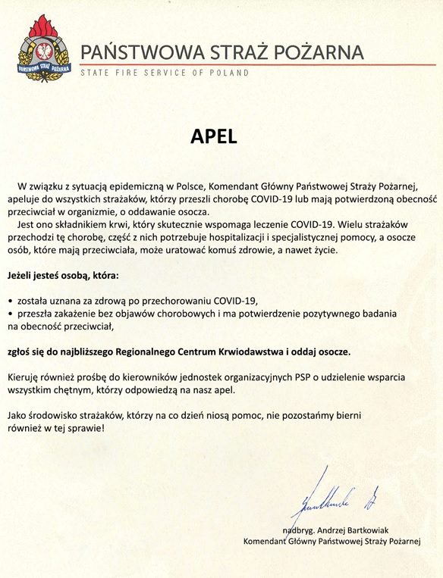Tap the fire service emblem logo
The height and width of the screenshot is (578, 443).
tap(45, 52)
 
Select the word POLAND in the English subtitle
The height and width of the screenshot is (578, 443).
tap(226, 73)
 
